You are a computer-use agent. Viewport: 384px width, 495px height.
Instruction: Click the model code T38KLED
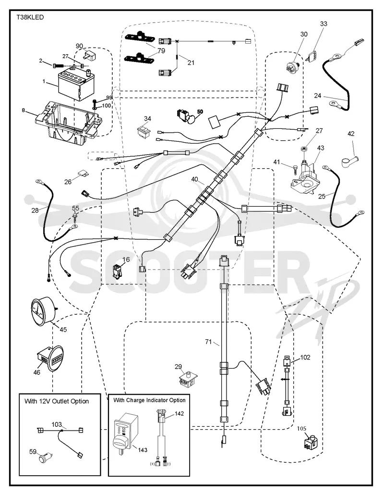pyautogui.click(x=30, y=17)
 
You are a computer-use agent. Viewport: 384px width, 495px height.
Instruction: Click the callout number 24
pyautogui.click(x=317, y=95)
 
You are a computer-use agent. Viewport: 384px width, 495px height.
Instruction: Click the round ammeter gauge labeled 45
pyautogui.click(x=43, y=311)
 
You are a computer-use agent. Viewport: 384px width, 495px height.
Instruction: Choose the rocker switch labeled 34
pyautogui.click(x=144, y=131)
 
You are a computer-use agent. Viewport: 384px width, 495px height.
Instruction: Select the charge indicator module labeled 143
pyautogui.click(x=125, y=433)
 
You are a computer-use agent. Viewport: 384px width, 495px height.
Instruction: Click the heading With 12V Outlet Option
pyautogui.click(x=57, y=401)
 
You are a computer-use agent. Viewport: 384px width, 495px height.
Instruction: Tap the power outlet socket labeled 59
pyautogui.click(x=46, y=458)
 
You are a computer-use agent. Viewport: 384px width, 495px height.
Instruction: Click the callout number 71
pyautogui.click(x=208, y=342)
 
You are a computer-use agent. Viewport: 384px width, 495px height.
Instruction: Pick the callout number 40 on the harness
pyautogui.click(x=195, y=179)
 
